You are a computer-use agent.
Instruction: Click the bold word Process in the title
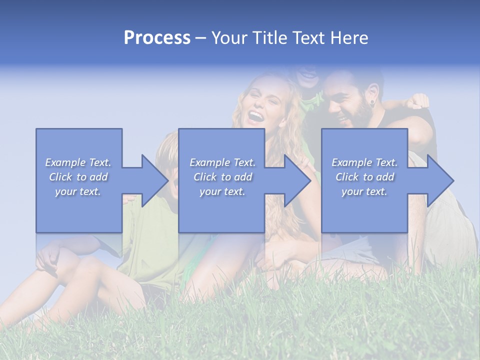coord(157,38)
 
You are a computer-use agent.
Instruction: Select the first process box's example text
coord(78,177)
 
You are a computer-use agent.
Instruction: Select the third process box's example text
coord(364,177)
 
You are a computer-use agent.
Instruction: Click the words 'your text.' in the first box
coord(78,191)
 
